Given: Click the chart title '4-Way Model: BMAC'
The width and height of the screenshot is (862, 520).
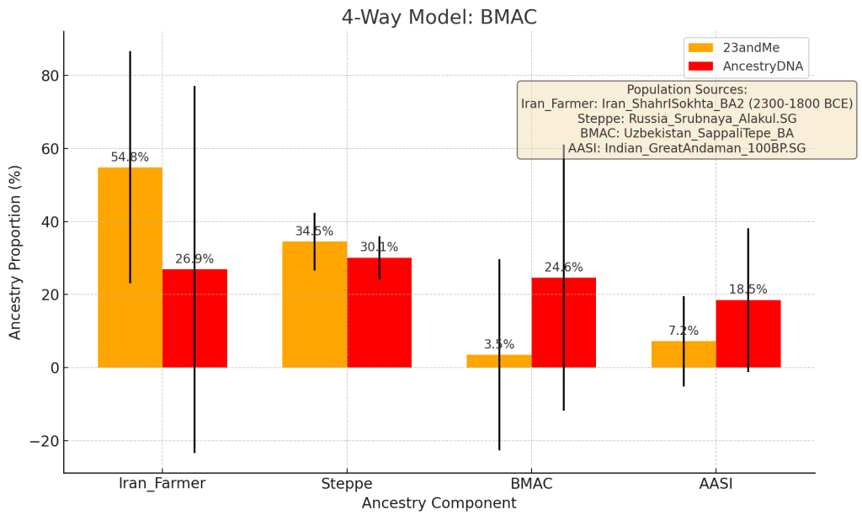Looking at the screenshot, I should (x=439, y=18).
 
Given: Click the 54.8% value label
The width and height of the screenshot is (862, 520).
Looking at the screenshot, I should (x=130, y=157).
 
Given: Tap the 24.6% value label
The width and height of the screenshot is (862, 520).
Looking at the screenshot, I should (x=563, y=268).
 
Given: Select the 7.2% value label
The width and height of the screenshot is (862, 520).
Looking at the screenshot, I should (x=683, y=331).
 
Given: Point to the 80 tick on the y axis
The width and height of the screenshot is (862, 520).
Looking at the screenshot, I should (x=50, y=76).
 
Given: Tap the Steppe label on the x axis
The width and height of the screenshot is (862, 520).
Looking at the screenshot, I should (x=347, y=484).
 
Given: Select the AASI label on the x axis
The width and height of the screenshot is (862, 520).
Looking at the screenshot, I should (x=716, y=484).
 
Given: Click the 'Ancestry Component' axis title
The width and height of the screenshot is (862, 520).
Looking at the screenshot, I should (x=439, y=503).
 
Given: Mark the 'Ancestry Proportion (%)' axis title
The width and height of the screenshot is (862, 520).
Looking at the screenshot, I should (x=15, y=252).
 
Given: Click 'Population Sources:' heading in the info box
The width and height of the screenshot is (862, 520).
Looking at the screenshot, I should (x=687, y=90).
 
